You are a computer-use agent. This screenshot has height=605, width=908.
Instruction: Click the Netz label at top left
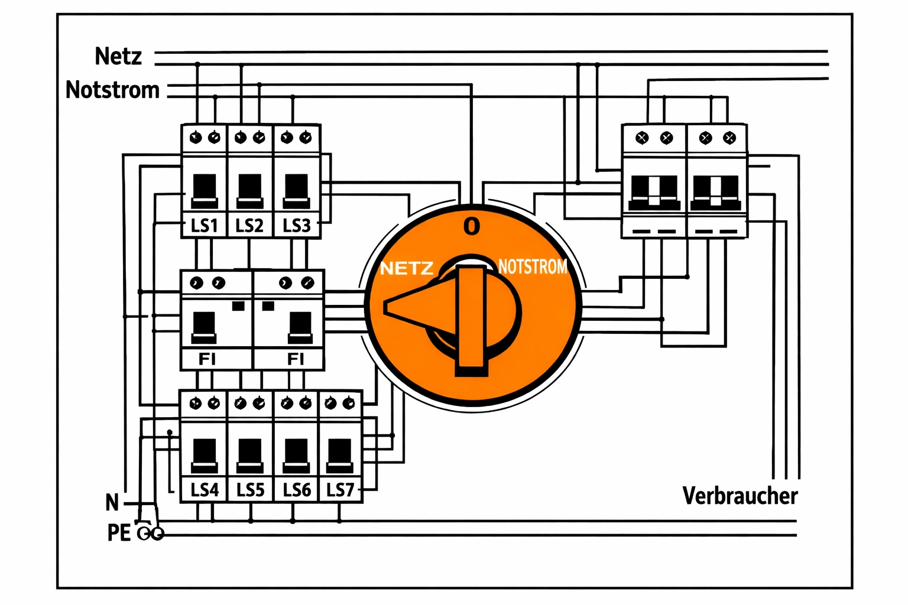pos(118,56)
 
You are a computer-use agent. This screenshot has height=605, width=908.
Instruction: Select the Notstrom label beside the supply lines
pos(112,90)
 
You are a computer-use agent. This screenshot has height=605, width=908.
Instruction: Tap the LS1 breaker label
pos(204,226)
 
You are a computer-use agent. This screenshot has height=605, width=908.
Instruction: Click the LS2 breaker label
pos(249,226)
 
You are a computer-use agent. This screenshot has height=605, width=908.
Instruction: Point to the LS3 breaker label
pos(296,226)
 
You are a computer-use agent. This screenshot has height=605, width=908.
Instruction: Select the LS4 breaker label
pos(205,490)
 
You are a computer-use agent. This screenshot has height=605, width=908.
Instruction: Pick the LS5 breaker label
pos(250,490)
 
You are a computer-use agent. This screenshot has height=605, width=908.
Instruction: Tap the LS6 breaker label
pos(297,490)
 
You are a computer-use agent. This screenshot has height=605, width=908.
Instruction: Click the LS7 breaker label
pos(340,490)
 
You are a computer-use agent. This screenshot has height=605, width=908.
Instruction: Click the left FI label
pos(207,359)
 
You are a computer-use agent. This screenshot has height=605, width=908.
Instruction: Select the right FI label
pos(296,359)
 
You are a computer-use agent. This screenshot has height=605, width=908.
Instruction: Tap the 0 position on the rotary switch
pos(472,226)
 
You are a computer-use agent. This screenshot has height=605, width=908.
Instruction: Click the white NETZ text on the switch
pos(407,269)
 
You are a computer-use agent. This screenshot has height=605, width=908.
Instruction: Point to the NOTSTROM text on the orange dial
pos(532,267)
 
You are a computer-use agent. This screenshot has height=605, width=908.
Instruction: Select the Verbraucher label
pos(740,496)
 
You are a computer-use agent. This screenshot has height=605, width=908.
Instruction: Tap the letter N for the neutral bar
pos(112,503)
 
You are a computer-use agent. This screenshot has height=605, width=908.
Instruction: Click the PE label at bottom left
pos(119,533)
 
